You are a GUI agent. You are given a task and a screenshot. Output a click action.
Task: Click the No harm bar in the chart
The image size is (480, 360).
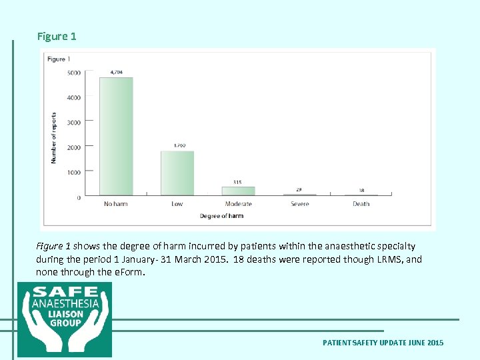(x=116, y=136)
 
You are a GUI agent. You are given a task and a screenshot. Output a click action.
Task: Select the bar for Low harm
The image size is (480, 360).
(x=177, y=173)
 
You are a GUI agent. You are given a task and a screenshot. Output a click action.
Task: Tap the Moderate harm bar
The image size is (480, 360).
(x=238, y=191)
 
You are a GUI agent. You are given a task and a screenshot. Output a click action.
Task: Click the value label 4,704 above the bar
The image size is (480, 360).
(x=116, y=72)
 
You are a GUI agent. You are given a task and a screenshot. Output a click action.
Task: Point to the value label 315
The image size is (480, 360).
(x=238, y=182)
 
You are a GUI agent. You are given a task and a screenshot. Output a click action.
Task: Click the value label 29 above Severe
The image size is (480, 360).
(x=299, y=190)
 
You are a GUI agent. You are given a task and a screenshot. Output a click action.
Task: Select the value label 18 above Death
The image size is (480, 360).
(x=361, y=191)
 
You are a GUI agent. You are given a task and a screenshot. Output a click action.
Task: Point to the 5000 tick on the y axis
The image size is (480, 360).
(x=74, y=73)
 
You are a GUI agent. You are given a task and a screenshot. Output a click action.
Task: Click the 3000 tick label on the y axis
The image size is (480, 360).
(x=74, y=123)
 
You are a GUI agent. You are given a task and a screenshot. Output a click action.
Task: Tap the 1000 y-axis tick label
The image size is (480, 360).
(x=74, y=173)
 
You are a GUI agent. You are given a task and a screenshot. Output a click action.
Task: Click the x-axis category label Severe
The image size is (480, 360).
(x=299, y=204)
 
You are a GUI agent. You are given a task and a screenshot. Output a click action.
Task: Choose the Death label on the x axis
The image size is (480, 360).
(x=361, y=204)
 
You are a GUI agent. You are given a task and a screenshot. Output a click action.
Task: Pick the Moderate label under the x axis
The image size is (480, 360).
(x=238, y=204)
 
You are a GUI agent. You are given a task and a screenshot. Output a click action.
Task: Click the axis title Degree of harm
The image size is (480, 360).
(x=221, y=216)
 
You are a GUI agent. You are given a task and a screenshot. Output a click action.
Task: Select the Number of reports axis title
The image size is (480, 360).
(x=54, y=137)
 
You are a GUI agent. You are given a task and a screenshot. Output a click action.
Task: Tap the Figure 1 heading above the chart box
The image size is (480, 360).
(x=57, y=37)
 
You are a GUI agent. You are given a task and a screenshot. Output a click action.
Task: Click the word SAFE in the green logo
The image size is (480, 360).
(x=65, y=292)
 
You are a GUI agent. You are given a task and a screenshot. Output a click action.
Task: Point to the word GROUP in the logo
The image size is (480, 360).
(x=65, y=323)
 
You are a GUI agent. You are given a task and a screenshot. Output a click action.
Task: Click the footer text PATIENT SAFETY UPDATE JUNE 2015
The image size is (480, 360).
(x=383, y=343)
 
